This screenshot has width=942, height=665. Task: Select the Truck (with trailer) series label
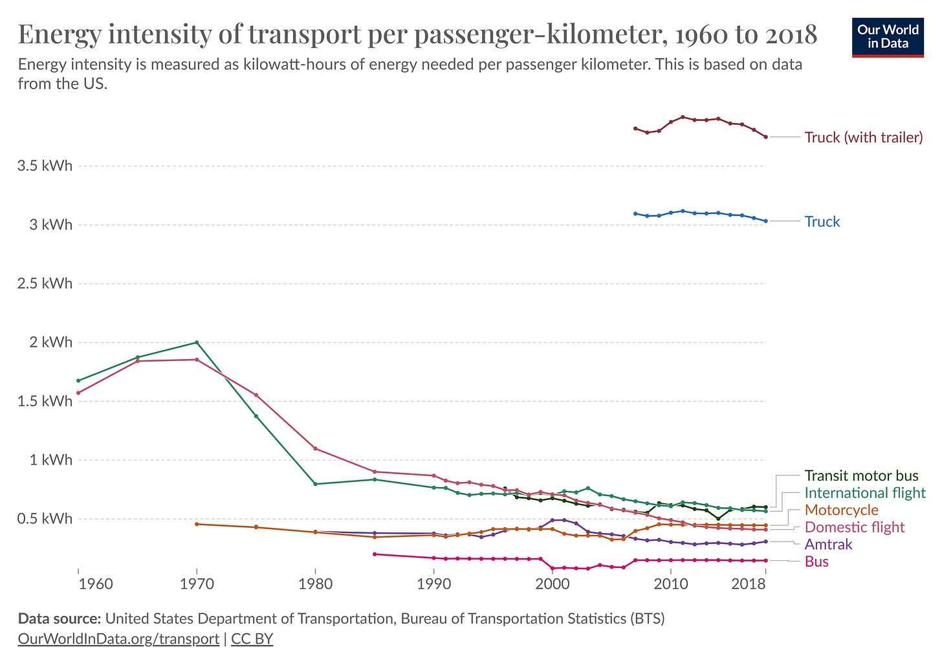[863, 137]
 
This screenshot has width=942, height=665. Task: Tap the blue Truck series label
[822, 221]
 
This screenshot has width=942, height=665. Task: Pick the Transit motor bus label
[861, 476]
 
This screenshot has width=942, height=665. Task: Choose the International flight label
[865, 493]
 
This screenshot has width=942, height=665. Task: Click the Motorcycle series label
[841, 510]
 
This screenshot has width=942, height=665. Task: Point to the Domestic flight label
[854, 527]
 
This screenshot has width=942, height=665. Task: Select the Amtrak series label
[828, 545]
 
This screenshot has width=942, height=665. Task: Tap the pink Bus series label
[816, 561]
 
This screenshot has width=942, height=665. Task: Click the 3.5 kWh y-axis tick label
[45, 166]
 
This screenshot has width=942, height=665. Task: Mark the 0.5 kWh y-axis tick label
[45, 519]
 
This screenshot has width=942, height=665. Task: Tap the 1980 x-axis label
[316, 584]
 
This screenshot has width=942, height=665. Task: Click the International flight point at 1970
[197, 342]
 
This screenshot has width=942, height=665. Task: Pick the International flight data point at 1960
[78, 380]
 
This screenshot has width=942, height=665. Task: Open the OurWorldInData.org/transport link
[118, 638]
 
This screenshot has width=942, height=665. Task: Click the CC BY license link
[252, 638]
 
